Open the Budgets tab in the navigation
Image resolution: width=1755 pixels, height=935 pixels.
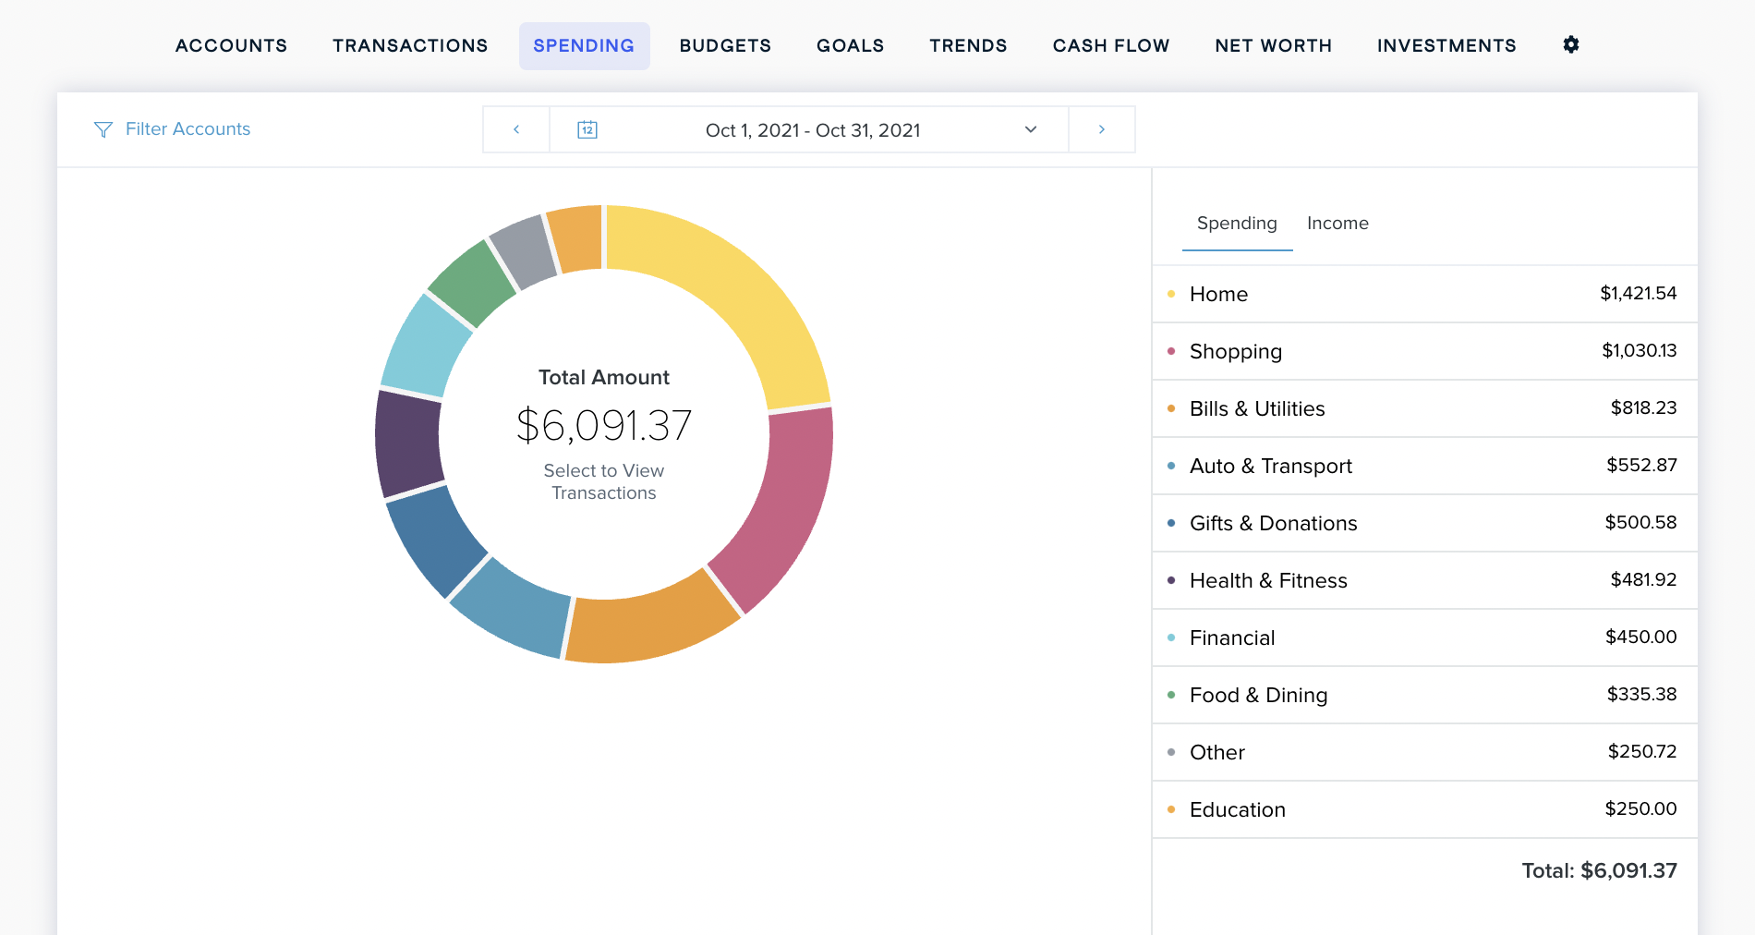725,46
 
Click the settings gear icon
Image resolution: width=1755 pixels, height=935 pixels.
1570,44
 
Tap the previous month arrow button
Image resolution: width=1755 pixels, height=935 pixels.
516,129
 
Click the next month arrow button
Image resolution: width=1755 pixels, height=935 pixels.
1101,129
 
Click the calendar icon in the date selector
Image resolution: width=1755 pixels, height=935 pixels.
587,129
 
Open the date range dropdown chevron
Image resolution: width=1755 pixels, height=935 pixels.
1031,129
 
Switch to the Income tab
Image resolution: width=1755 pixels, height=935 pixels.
1337,224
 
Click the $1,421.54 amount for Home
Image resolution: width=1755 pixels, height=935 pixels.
1638,294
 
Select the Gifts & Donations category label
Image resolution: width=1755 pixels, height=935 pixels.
1273,523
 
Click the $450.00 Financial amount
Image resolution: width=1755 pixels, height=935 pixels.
1640,637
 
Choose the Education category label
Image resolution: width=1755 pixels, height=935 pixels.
1237,809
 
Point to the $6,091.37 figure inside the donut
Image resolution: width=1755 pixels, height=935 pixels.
604,426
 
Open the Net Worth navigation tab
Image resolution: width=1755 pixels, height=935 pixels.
1273,46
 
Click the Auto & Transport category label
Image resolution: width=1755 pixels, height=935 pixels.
1270,466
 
